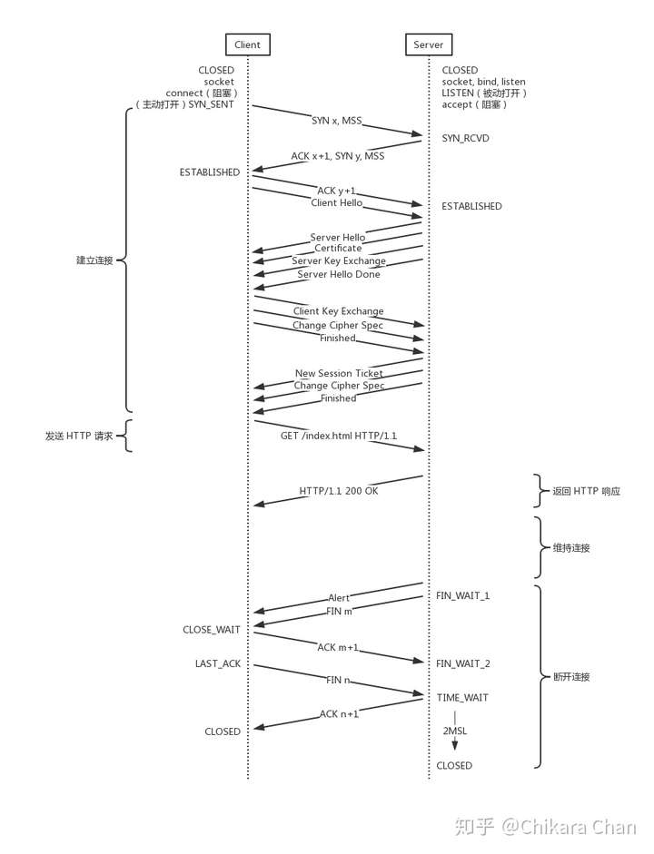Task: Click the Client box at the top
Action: pyautogui.click(x=247, y=44)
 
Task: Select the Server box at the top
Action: pyautogui.click(x=429, y=44)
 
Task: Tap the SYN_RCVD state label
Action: pyautogui.click(x=465, y=138)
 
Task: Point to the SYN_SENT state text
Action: pyautogui.click(x=211, y=104)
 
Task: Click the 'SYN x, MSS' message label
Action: pyautogui.click(x=337, y=121)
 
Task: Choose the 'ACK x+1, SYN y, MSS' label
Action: pyautogui.click(x=337, y=156)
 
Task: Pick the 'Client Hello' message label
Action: pyautogui.click(x=336, y=202)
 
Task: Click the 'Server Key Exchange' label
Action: pyautogui.click(x=339, y=260)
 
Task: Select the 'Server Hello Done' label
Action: pyautogui.click(x=339, y=274)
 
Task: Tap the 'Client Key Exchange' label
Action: pyautogui.click(x=339, y=311)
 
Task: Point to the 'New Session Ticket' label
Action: pyautogui.click(x=339, y=373)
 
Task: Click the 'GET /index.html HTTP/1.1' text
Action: pyautogui.click(x=339, y=436)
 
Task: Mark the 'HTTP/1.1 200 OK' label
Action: pyautogui.click(x=339, y=491)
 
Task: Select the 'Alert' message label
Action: pyautogui.click(x=339, y=597)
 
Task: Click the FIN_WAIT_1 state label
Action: pyautogui.click(x=462, y=596)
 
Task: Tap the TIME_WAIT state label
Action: pyautogui.click(x=462, y=698)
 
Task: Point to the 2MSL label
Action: pyautogui.click(x=454, y=731)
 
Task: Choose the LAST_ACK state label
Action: pyautogui.click(x=217, y=663)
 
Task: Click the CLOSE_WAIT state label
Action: pyautogui.click(x=212, y=630)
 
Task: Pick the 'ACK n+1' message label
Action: pyautogui.click(x=339, y=713)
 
